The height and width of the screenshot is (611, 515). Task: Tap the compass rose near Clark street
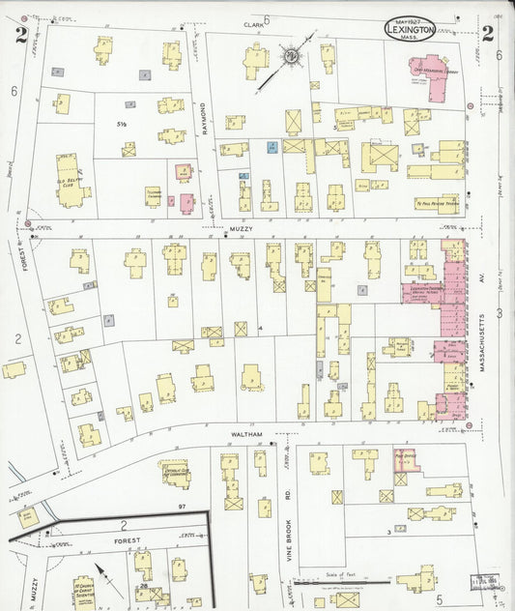click(x=289, y=57)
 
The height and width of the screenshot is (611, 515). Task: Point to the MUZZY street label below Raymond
click(x=241, y=230)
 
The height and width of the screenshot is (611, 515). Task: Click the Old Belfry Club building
click(x=72, y=183)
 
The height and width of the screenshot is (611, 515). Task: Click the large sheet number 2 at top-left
click(x=20, y=36)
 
